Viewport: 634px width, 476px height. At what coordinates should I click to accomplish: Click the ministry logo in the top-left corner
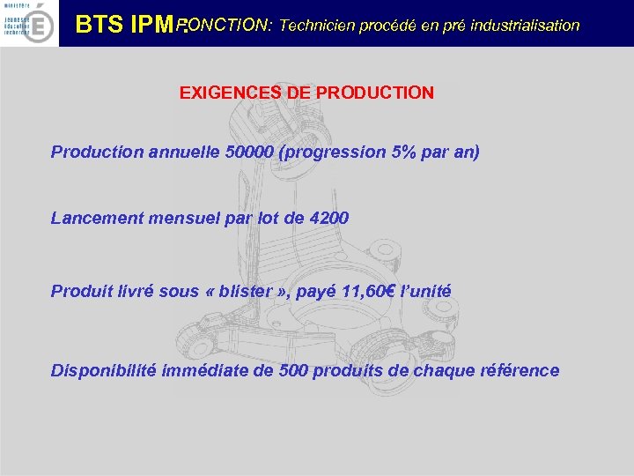tap(30, 23)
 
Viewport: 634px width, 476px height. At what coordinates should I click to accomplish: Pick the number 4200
tap(329, 218)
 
